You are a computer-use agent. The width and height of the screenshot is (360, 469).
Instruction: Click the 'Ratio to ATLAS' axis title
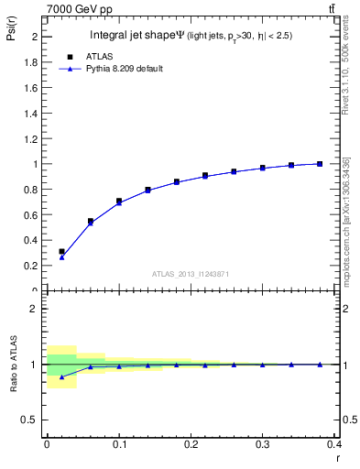(x=13, y=364)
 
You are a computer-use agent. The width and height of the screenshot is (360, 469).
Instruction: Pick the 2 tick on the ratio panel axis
(x=33, y=310)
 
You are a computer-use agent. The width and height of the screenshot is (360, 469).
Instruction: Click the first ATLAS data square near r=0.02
(x=61, y=251)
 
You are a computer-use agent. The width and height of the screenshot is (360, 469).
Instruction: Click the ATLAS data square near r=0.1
(x=119, y=201)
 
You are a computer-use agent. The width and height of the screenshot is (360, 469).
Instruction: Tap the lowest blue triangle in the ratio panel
(x=61, y=376)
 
